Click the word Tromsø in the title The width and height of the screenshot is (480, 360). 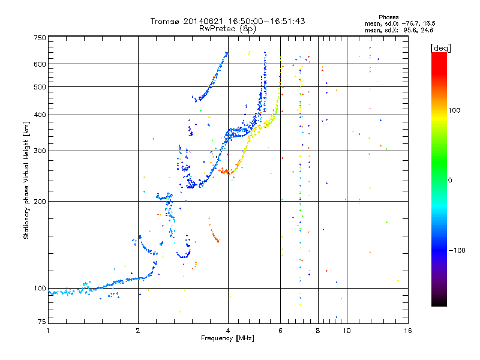point(164,21)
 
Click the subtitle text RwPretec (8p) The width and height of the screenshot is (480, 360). point(227,29)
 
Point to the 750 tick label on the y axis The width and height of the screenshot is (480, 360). point(40,38)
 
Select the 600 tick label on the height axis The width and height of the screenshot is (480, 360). point(40,64)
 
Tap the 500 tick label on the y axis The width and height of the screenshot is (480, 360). point(40,87)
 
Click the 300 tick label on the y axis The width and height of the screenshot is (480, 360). point(40,151)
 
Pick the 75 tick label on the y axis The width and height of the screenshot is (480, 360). point(42,322)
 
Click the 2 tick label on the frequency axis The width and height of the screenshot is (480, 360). point(138,331)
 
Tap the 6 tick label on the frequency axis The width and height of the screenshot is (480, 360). point(280,331)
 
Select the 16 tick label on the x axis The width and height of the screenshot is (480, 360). point(408,331)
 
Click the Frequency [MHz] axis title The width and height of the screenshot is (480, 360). point(227,338)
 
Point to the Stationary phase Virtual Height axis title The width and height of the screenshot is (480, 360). point(26,180)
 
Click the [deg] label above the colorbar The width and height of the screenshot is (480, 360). point(440,48)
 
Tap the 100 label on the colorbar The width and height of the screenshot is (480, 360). point(454,110)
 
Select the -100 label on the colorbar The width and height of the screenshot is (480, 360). point(457,250)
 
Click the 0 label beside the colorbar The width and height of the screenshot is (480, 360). point(450,181)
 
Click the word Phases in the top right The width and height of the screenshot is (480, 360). point(388,17)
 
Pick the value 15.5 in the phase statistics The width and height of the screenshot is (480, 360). point(430,23)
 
